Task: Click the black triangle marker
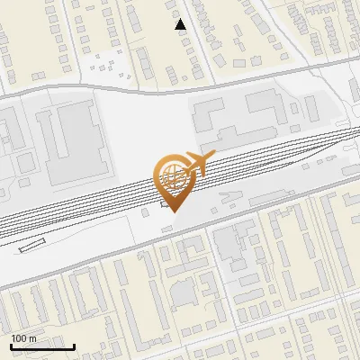click(x=180, y=24)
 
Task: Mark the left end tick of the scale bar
click(x=12, y=346)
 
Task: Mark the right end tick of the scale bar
click(x=74, y=346)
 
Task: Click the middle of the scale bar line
click(x=42, y=347)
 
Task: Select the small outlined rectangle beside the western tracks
click(x=31, y=245)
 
